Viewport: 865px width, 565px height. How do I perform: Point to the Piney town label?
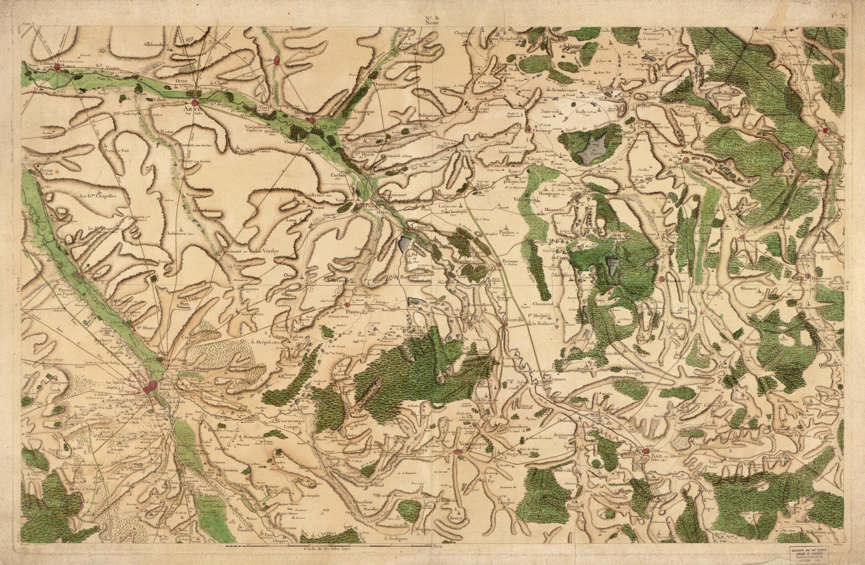[352, 311]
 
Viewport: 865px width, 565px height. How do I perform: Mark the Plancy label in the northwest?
[67, 67]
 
